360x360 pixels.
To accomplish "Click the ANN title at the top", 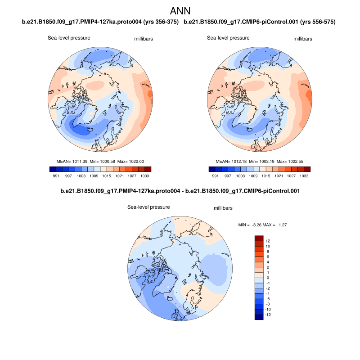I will (x=180, y=11).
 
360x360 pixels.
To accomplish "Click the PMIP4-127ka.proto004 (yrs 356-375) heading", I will (x=100, y=22).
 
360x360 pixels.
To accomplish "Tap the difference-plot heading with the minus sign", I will (x=180, y=191).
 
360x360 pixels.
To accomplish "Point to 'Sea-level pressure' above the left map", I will (x=69, y=38).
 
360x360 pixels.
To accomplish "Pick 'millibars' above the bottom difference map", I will (x=223, y=208).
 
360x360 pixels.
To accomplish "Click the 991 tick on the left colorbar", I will (x=56, y=176).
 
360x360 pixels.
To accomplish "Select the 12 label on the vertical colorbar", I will (x=268, y=241).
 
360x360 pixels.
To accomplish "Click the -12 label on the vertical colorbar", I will (x=268, y=315).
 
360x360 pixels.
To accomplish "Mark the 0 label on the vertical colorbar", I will (x=267, y=278).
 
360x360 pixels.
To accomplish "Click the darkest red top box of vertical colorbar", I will (x=258, y=238).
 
